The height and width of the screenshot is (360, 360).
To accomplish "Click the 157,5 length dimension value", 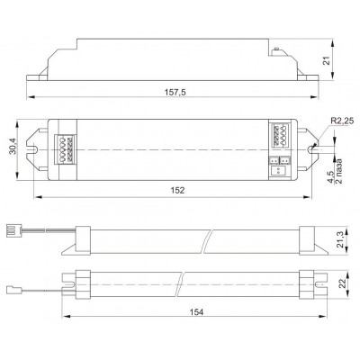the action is tap(175, 92).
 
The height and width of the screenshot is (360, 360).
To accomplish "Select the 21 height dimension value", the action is tap(328, 60).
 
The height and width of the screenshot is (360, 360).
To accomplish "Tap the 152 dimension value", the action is tap(177, 190).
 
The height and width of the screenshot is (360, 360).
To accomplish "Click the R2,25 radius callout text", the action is tap(342, 121).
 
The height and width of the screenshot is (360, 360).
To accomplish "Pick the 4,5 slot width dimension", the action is tap(330, 177).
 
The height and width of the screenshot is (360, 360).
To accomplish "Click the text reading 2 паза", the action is tap(339, 171).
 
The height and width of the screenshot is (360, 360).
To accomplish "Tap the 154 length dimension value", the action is tap(196, 312).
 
